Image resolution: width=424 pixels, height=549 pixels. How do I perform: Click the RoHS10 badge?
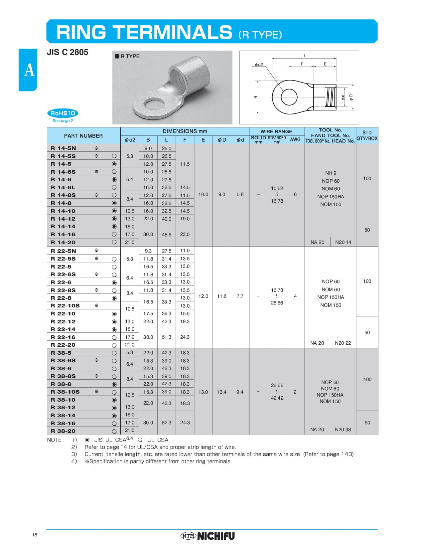click(x=63, y=113)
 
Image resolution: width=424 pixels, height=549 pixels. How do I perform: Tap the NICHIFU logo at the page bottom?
click(x=208, y=536)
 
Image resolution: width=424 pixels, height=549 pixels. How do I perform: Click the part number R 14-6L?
click(x=63, y=187)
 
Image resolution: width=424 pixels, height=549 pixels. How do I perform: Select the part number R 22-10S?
click(x=65, y=305)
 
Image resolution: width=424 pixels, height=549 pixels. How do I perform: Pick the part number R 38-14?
click(x=63, y=415)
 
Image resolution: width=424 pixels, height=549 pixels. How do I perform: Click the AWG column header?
click(x=295, y=139)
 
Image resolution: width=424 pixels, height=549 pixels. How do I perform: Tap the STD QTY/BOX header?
click(x=367, y=135)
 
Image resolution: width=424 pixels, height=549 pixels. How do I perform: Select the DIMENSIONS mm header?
click(x=185, y=131)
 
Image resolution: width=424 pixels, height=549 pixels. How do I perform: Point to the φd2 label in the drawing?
click(x=259, y=65)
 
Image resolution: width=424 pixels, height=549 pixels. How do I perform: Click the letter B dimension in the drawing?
click(x=255, y=97)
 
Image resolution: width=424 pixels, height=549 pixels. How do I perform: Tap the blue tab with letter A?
click(x=29, y=70)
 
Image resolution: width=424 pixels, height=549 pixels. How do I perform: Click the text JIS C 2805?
click(x=68, y=52)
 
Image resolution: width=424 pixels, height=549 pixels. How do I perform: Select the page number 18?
click(x=35, y=535)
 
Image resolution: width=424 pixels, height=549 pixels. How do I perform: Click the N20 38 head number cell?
click(x=343, y=430)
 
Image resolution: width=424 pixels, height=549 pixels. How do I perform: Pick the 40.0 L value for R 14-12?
click(x=166, y=219)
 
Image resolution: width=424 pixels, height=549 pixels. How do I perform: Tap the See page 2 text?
click(x=63, y=121)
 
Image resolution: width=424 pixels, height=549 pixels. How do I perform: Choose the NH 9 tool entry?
click(x=331, y=173)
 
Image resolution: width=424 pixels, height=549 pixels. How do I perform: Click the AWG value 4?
click(x=295, y=296)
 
